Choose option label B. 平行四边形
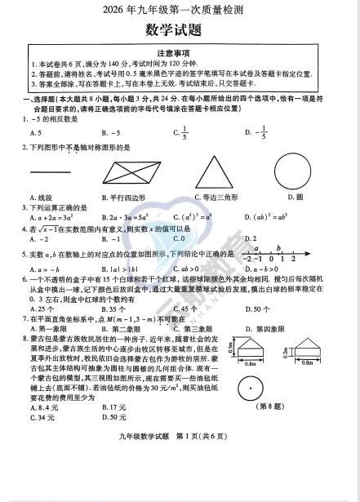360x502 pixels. (x=127, y=197)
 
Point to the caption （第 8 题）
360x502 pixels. (x=309, y=406)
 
